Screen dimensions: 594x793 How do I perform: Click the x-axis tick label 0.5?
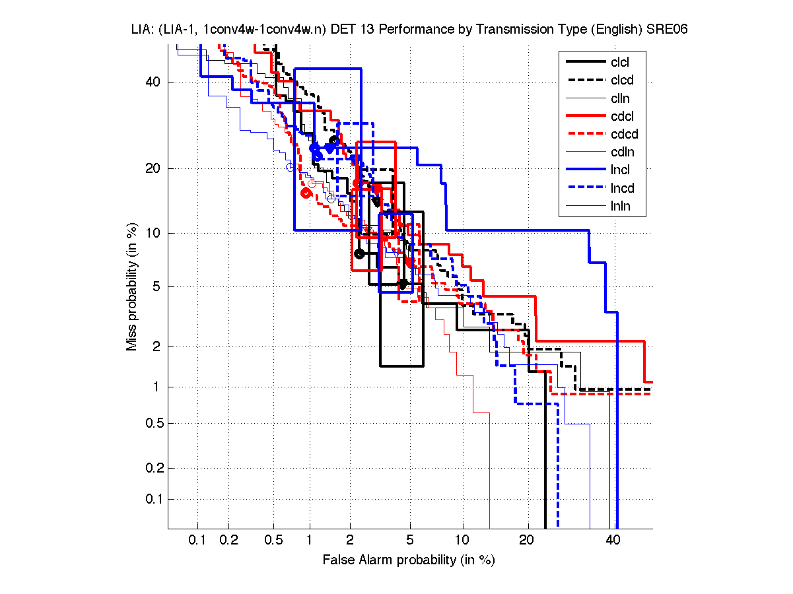pos(273,541)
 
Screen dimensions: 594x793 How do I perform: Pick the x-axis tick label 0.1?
pos(197,541)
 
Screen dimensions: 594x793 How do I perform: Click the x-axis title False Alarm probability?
pos(409,560)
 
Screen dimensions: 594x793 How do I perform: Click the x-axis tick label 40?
pos(613,541)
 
